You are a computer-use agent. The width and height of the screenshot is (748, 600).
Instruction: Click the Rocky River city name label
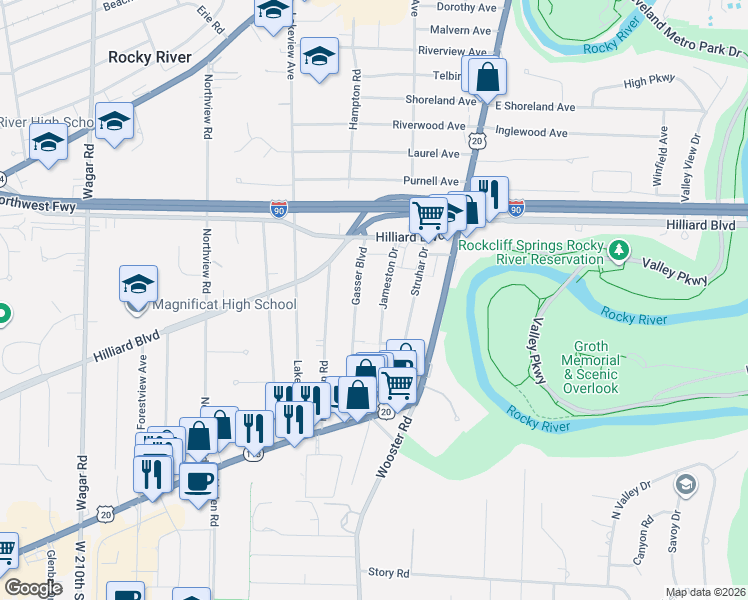(x=149, y=57)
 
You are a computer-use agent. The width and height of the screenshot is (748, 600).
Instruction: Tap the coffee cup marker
(x=197, y=481)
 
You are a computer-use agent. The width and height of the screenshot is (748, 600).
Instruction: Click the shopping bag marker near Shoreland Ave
(x=486, y=76)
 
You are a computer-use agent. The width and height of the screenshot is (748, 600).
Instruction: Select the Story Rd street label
(x=389, y=573)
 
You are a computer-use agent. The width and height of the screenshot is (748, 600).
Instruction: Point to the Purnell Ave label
(x=432, y=180)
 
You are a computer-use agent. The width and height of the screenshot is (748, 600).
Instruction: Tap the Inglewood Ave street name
(x=531, y=132)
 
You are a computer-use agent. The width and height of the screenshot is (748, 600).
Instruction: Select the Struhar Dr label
(x=420, y=272)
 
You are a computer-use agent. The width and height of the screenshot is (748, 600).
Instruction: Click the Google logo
(x=33, y=588)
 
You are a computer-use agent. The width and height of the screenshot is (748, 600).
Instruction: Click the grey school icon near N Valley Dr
(x=685, y=486)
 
